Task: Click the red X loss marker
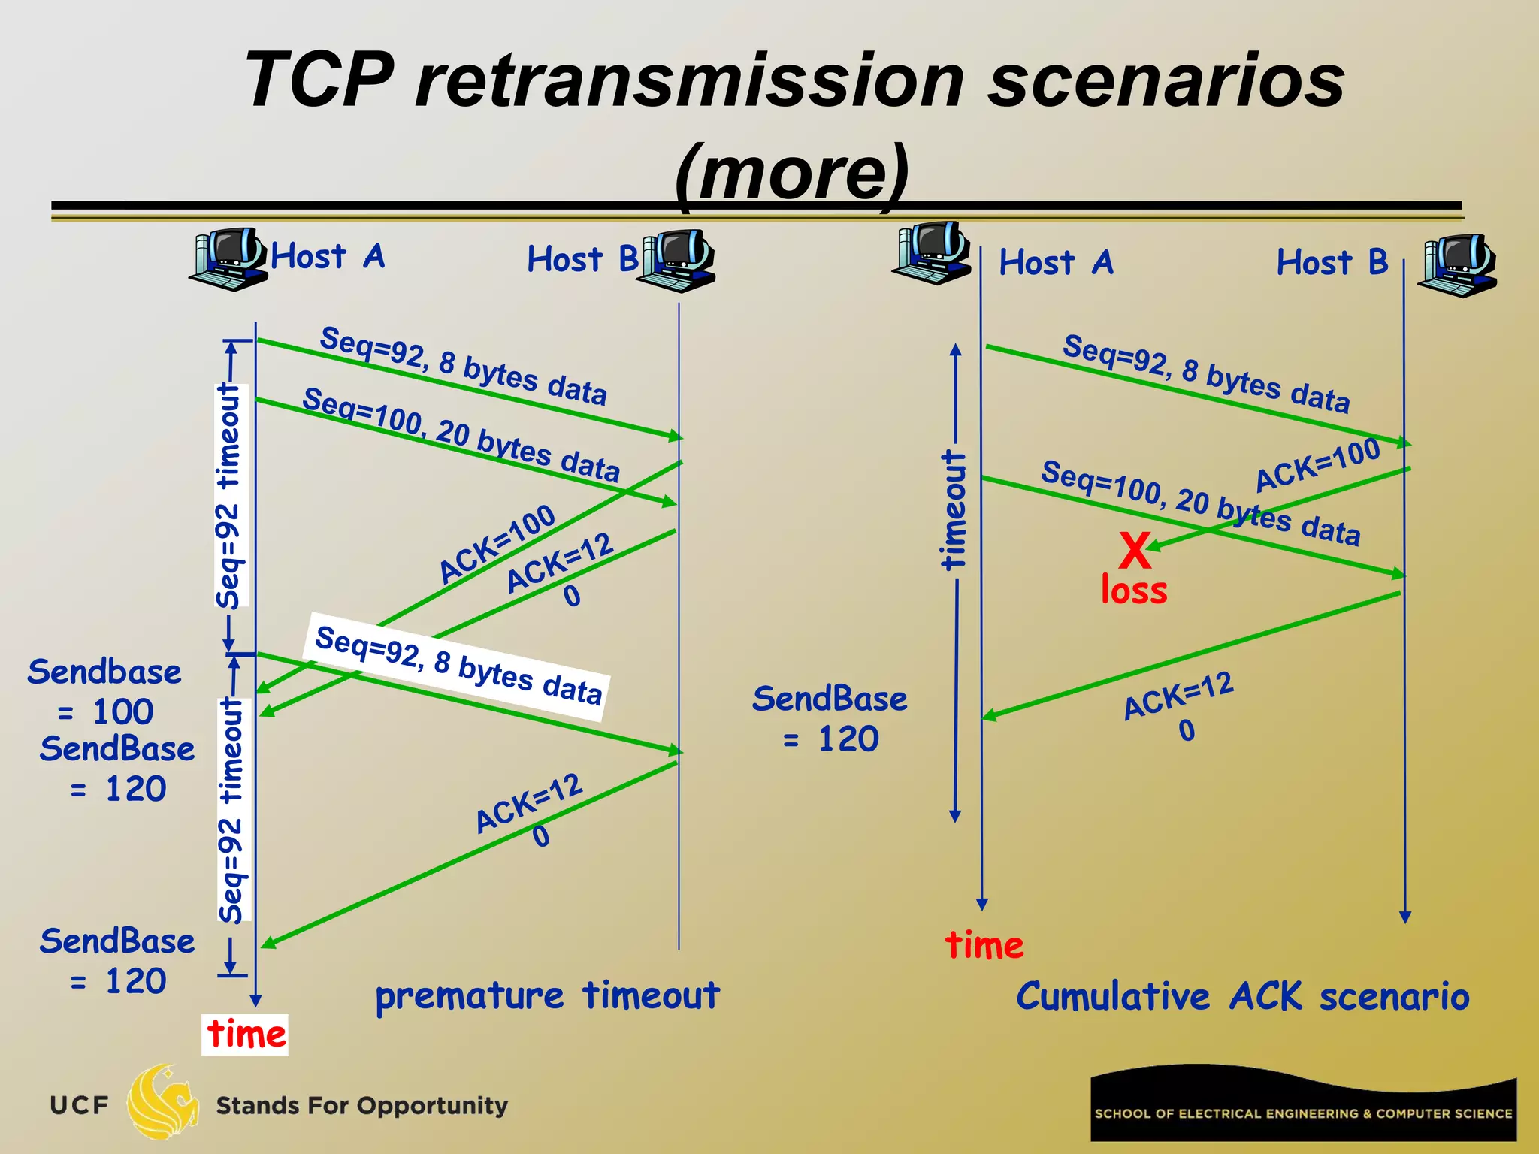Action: [x=1135, y=551]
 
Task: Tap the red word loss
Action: [x=1134, y=591]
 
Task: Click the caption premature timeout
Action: [x=547, y=995]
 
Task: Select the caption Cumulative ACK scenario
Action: [x=1242, y=997]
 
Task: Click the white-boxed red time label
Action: [x=245, y=1034]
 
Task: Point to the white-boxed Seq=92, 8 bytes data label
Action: [x=458, y=666]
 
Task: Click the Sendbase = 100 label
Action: [x=104, y=691]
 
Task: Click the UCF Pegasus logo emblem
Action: [x=162, y=1103]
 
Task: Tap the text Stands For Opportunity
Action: [x=361, y=1106]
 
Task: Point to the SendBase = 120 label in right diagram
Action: [x=830, y=718]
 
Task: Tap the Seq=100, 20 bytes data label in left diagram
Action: [x=461, y=434]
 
